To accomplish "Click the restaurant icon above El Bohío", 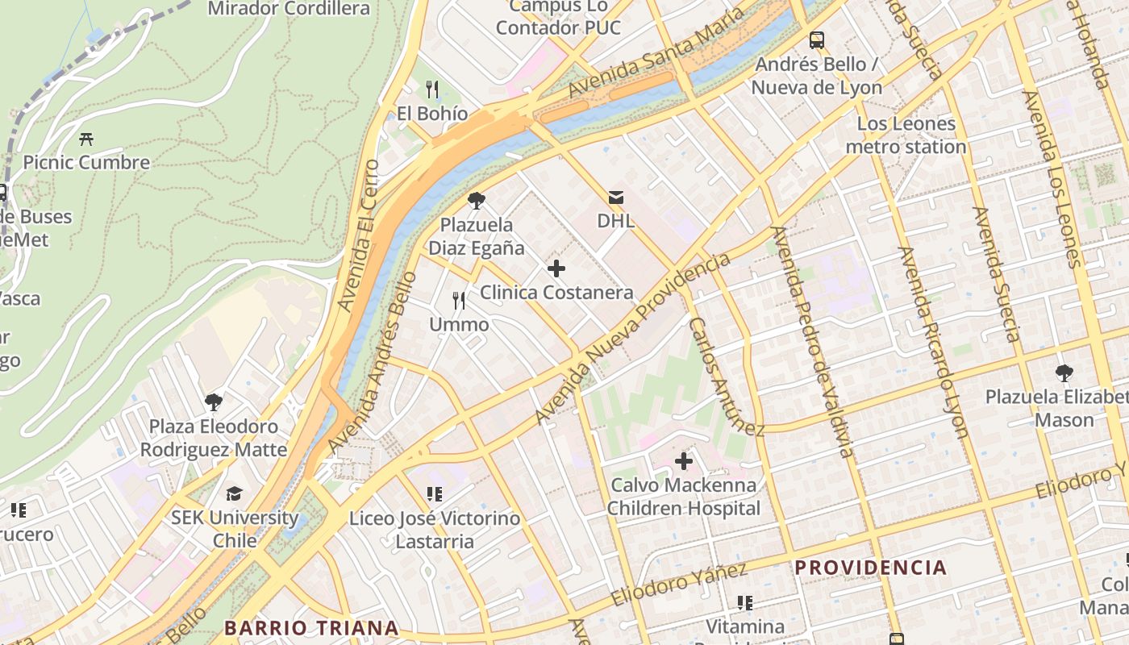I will (432, 89).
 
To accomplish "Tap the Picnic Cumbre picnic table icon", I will (86, 139).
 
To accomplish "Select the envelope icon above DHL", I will (616, 197).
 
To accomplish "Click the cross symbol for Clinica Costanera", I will (556, 268).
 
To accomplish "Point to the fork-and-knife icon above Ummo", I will (459, 301).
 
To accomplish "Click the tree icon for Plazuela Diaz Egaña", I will (476, 200).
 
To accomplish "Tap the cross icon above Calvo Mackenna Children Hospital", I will (684, 461).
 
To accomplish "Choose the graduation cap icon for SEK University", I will (234, 493).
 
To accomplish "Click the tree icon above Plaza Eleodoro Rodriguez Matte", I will (214, 402).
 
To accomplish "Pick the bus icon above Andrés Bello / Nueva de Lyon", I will (817, 40).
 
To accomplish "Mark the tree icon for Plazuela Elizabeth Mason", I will (1064, 372).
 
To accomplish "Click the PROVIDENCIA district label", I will (871, 568).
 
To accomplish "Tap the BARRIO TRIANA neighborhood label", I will (311, 627).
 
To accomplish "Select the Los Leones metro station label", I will (906, 135).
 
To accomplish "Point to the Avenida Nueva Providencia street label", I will (633, 339).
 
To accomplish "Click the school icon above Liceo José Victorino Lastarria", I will (435, 493).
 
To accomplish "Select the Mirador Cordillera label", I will (289, 9).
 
